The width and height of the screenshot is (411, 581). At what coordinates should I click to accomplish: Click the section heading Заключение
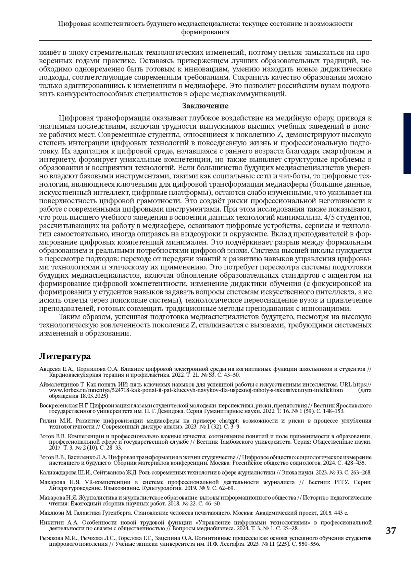(205, 106)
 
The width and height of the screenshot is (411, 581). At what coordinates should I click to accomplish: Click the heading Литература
(65, 356)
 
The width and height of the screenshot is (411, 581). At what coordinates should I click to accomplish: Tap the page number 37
(390, 531)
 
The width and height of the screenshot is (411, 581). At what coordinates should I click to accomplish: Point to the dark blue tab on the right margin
(407, 144)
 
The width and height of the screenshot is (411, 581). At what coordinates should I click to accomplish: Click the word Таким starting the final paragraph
(69, 317)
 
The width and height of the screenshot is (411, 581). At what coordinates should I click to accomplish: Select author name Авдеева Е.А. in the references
(56, 369)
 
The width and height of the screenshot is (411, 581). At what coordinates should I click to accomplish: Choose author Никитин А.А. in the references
(59, 522)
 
